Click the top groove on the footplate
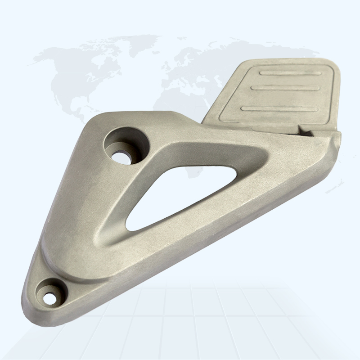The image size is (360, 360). [x=288, y=73]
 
